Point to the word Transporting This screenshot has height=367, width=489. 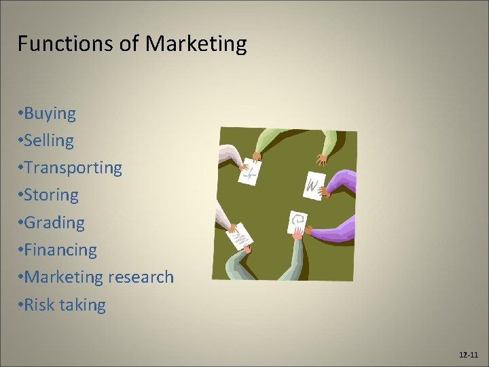(x=73, y=168)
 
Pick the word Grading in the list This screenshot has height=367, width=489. (x=55, y=223)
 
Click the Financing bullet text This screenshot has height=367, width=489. (x=61, y=250)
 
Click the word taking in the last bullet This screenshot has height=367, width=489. (x=82, y=305)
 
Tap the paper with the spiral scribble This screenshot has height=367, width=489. (x=297, y=222)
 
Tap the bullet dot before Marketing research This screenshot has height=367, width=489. (x=20, y=277)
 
